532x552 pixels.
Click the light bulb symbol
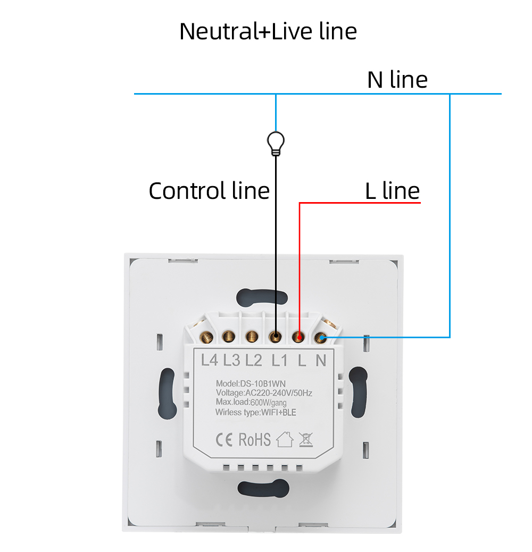[x=276, y=144]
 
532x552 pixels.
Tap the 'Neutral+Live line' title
[x=268, y=31]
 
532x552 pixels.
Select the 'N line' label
[x=397, y=80]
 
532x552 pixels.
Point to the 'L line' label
[x=393, y=191]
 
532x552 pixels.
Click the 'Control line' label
[x=209, y=191]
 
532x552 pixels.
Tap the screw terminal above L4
[x=206, y=337]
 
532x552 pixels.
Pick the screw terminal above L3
[x=229, y=337]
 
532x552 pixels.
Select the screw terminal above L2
[x=252, y=337]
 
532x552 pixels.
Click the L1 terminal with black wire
[x=276, y=337]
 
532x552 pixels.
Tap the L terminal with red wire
[x=298, y=337]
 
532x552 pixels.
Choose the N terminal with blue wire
[x=320, y=338]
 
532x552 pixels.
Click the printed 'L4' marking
[x=210, y=361]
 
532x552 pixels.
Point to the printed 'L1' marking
[x=279, y=361]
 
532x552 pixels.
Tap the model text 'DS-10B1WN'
[x=263, y=383]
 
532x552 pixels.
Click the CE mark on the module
[x=224, y=440]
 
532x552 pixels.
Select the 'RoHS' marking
[x=254, y=440]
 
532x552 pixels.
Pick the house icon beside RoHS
[x=285, y=439]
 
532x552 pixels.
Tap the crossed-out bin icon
[x=305, y=440]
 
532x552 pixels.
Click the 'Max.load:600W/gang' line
[x=251, y=403]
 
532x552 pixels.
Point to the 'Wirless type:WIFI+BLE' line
[x=255, y=412]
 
